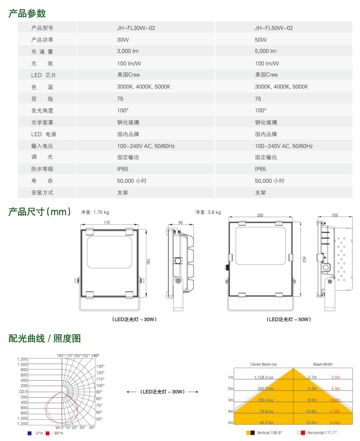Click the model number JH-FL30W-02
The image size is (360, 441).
136,28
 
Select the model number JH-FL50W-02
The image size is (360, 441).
274,28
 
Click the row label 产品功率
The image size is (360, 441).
42,40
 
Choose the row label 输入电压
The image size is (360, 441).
42,146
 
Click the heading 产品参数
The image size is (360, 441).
27,13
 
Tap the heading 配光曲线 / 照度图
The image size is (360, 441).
44,338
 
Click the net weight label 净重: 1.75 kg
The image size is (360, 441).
95,212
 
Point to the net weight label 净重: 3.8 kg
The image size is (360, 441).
208,212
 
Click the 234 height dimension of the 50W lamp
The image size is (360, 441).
304,260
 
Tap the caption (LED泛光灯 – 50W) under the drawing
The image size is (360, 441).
289,319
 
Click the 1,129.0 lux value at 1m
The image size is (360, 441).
264,377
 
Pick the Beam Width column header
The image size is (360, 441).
323,364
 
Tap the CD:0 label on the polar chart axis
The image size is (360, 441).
23,391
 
